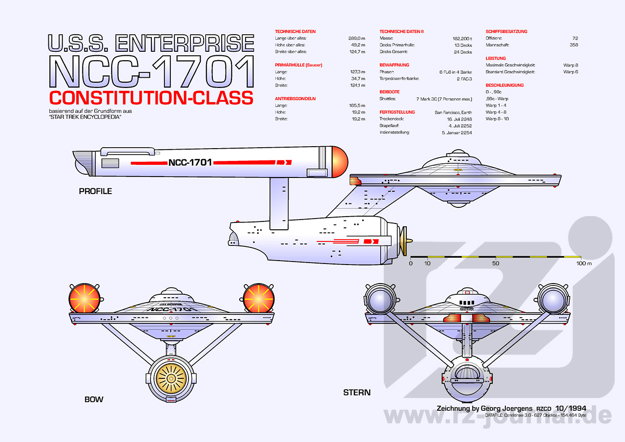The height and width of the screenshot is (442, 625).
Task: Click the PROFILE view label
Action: (95, 191)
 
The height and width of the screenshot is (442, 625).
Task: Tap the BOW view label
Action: (94, 399)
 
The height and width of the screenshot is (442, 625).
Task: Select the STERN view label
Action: (356, 392)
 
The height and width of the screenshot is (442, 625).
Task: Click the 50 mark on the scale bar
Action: (496, 264)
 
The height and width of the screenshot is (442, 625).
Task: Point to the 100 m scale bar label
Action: (583, 264)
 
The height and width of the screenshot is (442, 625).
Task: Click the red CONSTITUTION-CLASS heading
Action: (151, 97)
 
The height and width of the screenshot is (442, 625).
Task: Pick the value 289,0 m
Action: (357, 38)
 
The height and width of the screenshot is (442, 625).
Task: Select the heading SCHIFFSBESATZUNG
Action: (506, 31)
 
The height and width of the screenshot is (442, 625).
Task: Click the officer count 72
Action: (575, 38)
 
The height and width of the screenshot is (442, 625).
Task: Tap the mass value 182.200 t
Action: (462, 38)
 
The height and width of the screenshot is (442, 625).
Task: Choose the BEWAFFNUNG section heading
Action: (394, 65)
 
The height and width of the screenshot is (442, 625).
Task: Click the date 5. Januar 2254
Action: (457, 133)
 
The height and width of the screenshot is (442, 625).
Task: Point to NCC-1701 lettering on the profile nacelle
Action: (190, 162)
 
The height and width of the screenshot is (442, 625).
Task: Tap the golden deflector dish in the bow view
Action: (171, 378)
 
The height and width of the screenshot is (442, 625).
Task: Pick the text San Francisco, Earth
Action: (453, 112)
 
